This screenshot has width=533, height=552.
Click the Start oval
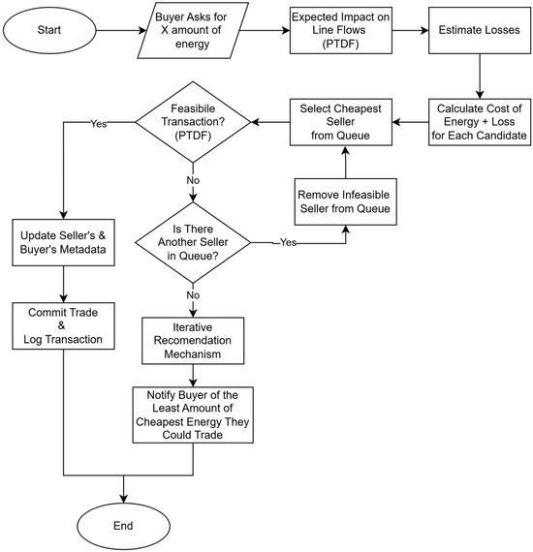49,30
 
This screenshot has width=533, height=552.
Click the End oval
124,526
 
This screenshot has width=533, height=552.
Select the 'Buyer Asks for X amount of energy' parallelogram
193,30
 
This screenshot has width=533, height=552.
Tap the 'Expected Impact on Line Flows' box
341,30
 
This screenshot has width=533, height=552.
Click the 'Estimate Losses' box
480,30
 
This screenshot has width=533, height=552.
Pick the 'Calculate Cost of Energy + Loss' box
480,122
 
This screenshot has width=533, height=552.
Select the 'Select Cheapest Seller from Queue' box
341,122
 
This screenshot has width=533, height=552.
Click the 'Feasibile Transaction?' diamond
193,122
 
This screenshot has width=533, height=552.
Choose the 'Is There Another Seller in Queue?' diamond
193,242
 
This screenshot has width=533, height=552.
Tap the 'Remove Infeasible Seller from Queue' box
346,201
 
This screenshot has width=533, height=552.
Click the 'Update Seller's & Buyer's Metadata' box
63,242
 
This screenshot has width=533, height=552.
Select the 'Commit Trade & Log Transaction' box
63,326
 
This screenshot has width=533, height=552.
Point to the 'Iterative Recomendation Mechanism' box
193,341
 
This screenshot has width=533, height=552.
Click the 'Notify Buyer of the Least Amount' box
193,415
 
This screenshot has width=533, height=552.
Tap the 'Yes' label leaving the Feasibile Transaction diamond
99,124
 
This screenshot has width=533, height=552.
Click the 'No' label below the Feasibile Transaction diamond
193,180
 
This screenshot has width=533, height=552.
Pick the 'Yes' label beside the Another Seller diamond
288,242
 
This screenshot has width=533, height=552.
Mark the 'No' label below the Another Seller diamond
193,295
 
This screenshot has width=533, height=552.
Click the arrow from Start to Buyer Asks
121,30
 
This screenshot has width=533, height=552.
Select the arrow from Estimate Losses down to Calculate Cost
480,77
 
